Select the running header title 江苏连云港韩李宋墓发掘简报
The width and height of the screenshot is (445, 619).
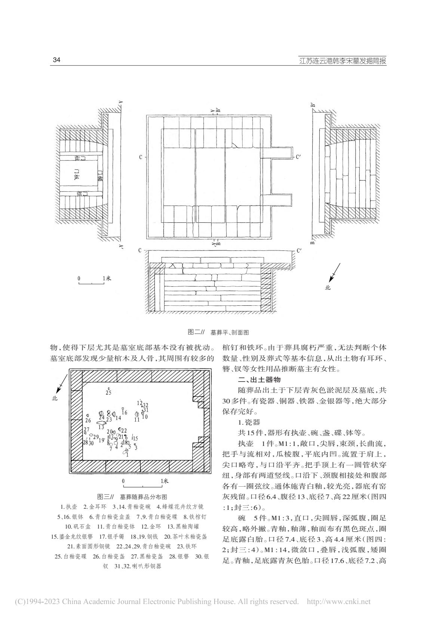tap(343, 61)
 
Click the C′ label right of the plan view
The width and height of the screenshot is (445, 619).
tap(298, 157)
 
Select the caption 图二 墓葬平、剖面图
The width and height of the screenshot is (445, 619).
tap(218, 332)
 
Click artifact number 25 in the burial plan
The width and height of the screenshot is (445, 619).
tap(108, 392)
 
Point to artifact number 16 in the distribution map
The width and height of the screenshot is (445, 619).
tap(125, 413)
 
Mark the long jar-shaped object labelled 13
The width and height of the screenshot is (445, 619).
tap(101, 423)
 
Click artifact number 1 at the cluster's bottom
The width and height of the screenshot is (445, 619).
tap(127, 455)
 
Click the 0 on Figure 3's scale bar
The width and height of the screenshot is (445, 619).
tap(123, 481)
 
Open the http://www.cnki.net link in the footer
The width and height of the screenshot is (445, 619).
tap(338, 602)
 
